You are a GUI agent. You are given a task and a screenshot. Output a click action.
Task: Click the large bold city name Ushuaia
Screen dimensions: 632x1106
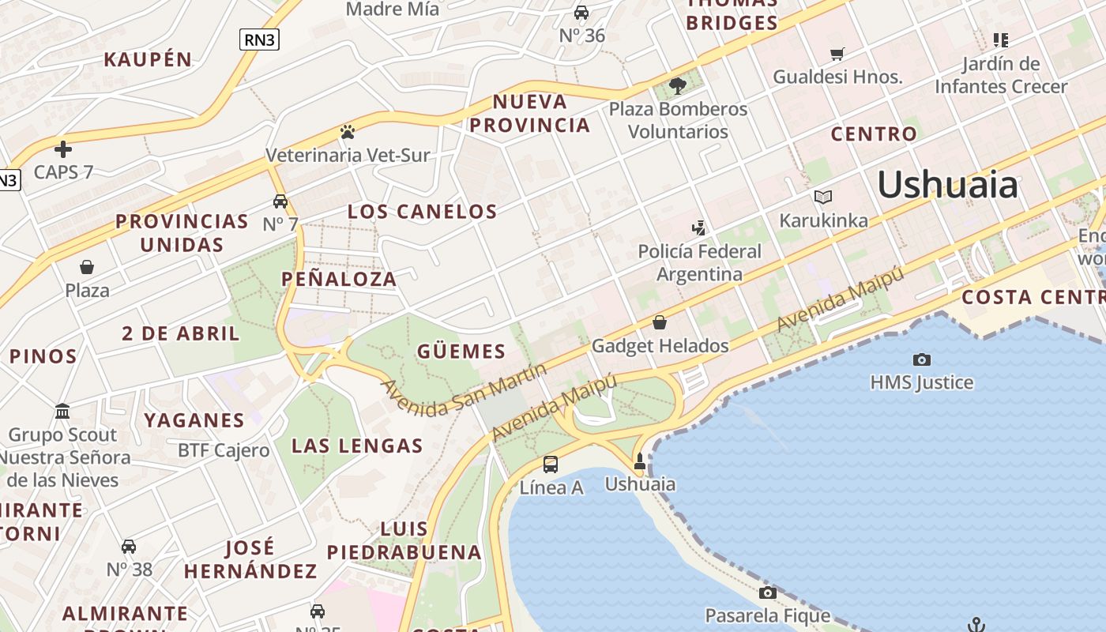coord(947,185)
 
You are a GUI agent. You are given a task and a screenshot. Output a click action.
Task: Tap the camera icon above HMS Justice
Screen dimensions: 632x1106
coord(921,360)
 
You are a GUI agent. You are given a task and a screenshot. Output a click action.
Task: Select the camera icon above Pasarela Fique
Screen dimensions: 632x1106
coord(767,593)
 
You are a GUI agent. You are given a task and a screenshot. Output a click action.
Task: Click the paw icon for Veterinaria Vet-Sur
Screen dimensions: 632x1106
coord(347,132)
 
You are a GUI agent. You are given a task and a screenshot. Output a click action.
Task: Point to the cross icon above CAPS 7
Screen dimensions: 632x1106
coord(63,149)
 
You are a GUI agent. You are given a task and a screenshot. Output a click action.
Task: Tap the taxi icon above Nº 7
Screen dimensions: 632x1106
coord(280,201)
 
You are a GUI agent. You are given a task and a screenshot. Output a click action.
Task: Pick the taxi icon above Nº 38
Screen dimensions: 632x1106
coord(129,547)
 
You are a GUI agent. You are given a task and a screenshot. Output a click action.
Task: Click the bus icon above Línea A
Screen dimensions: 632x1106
coord(551,465)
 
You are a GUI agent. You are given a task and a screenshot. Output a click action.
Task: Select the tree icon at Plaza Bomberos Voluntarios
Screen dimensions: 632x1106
coord(677,85)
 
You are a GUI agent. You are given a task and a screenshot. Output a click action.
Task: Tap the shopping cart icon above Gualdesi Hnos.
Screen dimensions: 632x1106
coord(837,54)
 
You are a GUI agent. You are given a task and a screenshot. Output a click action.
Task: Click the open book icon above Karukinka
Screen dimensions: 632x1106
coord(823,197)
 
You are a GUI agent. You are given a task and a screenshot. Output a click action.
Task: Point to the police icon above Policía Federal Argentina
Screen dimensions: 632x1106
coord(698,228)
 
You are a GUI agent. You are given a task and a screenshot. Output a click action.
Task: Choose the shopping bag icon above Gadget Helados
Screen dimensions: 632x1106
coord(660,322)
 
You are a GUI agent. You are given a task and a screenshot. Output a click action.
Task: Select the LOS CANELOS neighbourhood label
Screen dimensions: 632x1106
coord(423,212)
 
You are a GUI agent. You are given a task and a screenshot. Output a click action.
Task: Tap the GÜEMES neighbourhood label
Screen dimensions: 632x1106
coord(461,352)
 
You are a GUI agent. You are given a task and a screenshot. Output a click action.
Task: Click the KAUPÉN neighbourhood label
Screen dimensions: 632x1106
coord(148,59)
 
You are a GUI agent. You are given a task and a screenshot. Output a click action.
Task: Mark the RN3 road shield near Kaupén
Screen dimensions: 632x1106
coord(259,39)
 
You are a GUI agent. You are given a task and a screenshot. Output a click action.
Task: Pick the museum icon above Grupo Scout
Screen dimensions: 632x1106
coord(62,412)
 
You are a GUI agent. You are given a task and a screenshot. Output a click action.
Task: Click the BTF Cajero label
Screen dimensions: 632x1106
coord(224,450)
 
